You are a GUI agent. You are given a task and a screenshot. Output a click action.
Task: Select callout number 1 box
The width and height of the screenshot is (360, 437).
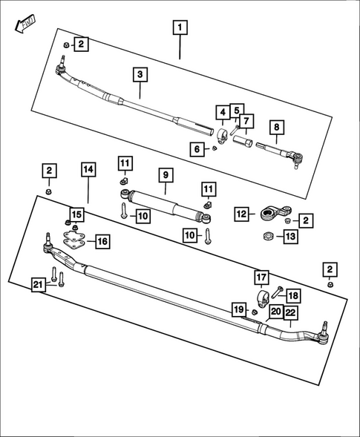[179, 29]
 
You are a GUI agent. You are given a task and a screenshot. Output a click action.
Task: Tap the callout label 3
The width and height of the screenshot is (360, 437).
[141, 74]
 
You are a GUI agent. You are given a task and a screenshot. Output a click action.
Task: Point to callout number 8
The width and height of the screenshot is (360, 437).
[276, 128]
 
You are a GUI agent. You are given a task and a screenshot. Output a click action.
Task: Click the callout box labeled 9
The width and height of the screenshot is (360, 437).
[166, 177]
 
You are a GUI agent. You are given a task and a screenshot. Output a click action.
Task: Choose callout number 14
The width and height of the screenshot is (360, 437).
[88, 170]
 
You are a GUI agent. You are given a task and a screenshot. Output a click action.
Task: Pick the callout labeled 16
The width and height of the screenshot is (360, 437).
[102, 241]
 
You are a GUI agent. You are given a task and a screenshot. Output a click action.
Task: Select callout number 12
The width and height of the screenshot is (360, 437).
[241, 214]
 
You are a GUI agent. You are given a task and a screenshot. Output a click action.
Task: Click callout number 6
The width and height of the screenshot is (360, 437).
[197, 149]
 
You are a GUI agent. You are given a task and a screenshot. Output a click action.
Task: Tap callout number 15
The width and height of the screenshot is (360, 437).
[78, 215]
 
